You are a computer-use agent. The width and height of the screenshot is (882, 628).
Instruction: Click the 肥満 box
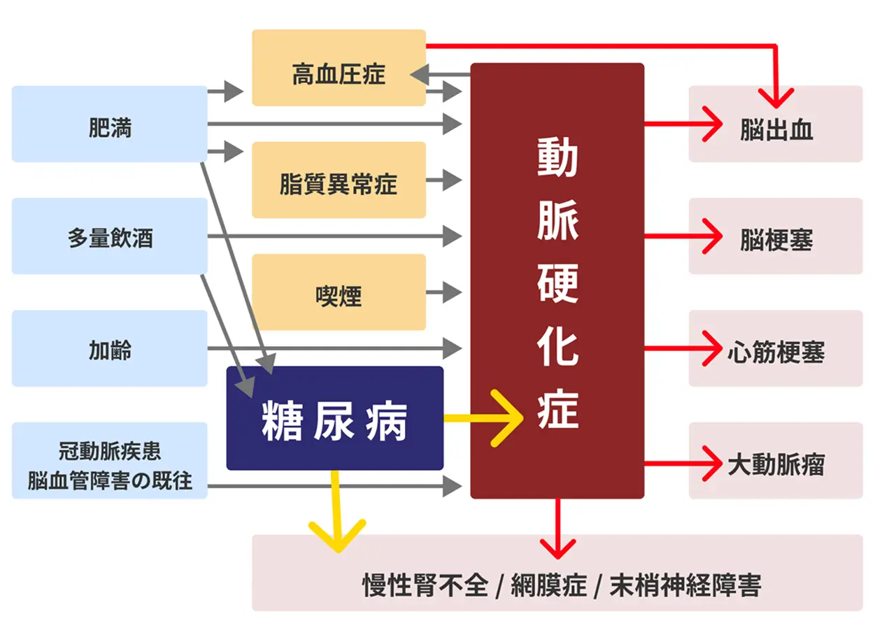click(109, 124)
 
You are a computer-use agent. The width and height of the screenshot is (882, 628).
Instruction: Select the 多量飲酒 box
click(109, 236)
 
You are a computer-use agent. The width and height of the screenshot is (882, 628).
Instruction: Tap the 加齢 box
click(109, 348)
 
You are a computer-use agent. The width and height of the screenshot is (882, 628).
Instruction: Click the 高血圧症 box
click(339, 68)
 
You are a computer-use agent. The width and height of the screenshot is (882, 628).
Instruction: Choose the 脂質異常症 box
click(339, 180)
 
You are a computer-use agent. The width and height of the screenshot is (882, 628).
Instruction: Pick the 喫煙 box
click(339, 292)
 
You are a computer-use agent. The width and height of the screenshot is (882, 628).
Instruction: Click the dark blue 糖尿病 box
click(335, 418)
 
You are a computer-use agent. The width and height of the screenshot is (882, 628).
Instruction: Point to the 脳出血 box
click(776, 124)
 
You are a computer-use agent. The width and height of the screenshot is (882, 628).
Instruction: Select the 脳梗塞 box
click(776, 236)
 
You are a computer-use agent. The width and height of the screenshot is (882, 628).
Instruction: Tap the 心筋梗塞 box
click(776, 348)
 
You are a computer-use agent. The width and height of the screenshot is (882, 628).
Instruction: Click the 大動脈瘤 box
click(776, 461)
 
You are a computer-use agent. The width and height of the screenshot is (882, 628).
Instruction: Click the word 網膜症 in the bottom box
click(548, 585)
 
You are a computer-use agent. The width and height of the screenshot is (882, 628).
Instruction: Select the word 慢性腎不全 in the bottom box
click(425, 585)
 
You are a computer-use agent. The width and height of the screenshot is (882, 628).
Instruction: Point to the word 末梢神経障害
click(685, 585)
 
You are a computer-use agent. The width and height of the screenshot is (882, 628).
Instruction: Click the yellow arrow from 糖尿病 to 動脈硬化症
click(483, 418)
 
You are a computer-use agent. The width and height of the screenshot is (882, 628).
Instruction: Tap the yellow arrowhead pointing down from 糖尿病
click(337, 536)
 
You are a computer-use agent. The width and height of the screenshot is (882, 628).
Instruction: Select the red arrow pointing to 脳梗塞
click(683, 236)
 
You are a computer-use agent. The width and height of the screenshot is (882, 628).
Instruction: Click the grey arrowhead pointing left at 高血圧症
click(420, 74)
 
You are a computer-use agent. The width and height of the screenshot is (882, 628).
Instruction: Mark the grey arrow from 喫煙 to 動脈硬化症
click(443, 292)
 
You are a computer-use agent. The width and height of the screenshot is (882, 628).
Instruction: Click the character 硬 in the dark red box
click(557, 283)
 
